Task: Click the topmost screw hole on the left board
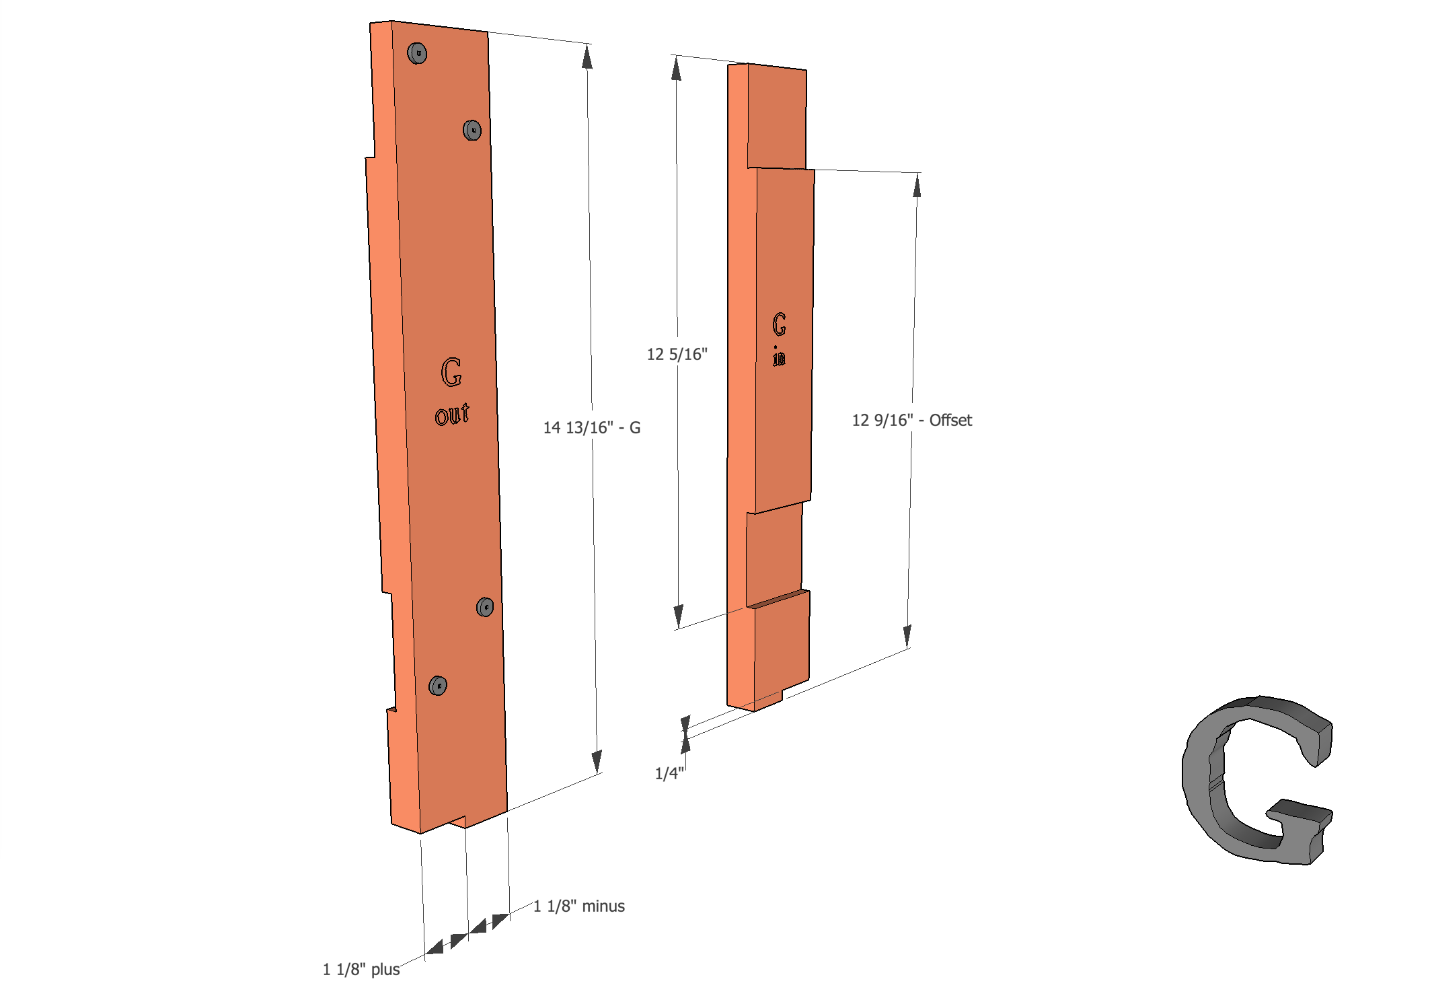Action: click(417, 53)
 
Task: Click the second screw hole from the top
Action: click(472, 130)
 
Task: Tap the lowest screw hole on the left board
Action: click(438, 686)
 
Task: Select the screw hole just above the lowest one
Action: click(484, 607)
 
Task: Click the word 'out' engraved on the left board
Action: click(452, 414)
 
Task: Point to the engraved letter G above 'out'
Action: click(451, 372)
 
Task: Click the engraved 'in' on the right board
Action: click(779, 357)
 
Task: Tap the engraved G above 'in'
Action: click(779, 324)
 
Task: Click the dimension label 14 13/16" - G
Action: click(591, 427)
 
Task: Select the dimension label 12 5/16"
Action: click(677, 354)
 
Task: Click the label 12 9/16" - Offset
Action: click(911, 420)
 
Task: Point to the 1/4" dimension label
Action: click(669, 774)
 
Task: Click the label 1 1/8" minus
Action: click(578, 906)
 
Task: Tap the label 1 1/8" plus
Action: click(361, 969)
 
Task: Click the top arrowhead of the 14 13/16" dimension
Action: click(587, 57)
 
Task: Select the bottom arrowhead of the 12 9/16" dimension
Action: click(907, 635)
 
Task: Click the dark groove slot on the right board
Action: click(780, 599)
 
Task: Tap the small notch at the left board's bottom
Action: click(458, 822)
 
